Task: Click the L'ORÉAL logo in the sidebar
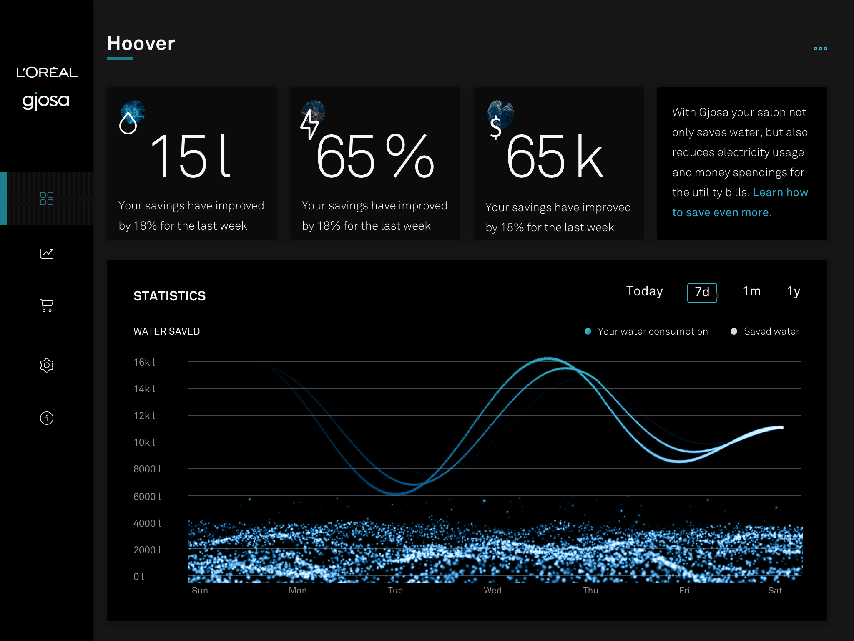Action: point(47,72)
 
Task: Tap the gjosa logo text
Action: point(46,101)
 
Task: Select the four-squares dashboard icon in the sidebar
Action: point(47,199)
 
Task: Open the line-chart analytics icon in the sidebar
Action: point(47,253)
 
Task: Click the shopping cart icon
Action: point(47,305)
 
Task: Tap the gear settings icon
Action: point(47,365)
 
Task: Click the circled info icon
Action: point(47,418)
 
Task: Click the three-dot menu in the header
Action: point(820,48)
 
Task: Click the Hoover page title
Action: point(141,43)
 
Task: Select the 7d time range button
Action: point(702,293)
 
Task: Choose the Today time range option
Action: point(644,291)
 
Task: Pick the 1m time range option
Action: point(752,291)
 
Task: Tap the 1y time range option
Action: point(794,291)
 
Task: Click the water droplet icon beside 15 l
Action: point(128,123)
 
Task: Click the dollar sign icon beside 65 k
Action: point(496,127)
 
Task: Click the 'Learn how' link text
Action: point(780,192)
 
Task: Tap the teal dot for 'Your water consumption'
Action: point(588,331)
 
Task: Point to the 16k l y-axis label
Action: point(144,362)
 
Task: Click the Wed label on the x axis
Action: point(492,591)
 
